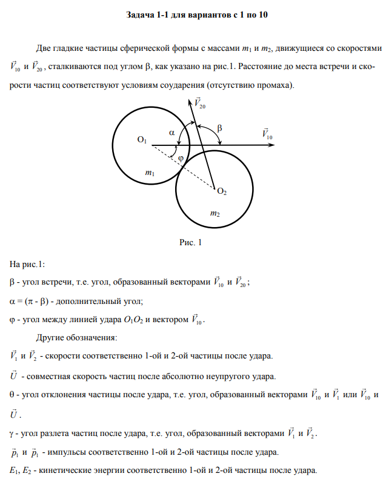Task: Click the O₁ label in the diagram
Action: point(142,140)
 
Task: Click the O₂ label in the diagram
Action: point(222,191)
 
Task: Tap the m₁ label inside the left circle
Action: point(150,173)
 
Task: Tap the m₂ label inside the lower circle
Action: point(215,213)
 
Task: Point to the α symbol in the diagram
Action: point(171,130)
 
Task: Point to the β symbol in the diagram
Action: point(219,128)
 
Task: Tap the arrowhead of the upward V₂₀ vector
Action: point(192,101)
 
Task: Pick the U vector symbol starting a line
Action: point(14,375)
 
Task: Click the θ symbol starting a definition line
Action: point(13,395)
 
